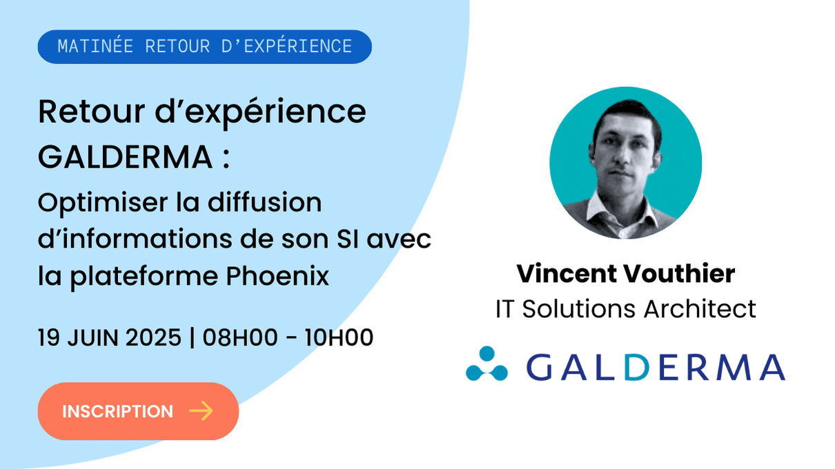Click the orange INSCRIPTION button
click(138, 411)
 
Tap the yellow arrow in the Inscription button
click(201, 411)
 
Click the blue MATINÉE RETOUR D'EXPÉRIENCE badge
click(205, 47)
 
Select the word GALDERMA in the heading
click(126, 157)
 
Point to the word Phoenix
click(277, 276)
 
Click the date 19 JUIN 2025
click(110, 337)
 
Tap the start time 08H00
click(240, 337)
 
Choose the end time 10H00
click(338, 337)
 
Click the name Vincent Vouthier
click(626, 273)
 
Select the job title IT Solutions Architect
click(626, 309)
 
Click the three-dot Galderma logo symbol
click(487, 364)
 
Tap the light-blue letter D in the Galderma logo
click(637, 368)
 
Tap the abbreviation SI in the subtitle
click(348, 239)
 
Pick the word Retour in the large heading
click(91, 111)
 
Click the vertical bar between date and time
click(192, 337)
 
